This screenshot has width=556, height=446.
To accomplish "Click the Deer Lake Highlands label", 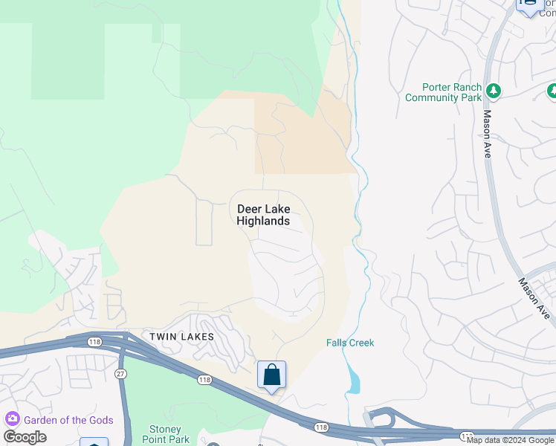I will pos(263,215).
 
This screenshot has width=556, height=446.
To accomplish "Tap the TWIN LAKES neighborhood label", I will pos(182,337).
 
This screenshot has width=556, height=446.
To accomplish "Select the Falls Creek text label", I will pos(350,343).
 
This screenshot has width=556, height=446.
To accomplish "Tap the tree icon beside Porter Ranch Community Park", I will pos(493,91).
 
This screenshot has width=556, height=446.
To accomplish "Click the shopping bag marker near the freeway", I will pos(271,375).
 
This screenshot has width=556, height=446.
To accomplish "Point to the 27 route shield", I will pos(120,373).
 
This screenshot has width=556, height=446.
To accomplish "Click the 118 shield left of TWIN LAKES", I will pos(94,341).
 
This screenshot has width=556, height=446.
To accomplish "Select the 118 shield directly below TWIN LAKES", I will pos(204,380).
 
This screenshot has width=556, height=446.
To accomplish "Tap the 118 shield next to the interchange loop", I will pos(320,426).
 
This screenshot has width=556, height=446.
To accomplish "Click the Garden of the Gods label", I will pos(68,420).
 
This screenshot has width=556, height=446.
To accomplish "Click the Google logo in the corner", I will pos(25,437).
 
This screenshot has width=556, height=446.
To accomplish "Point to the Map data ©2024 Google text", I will pos(509,440).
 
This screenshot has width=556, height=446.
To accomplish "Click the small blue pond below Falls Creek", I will pos(353,383).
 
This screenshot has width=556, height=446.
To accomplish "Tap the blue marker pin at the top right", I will pos(528,6).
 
